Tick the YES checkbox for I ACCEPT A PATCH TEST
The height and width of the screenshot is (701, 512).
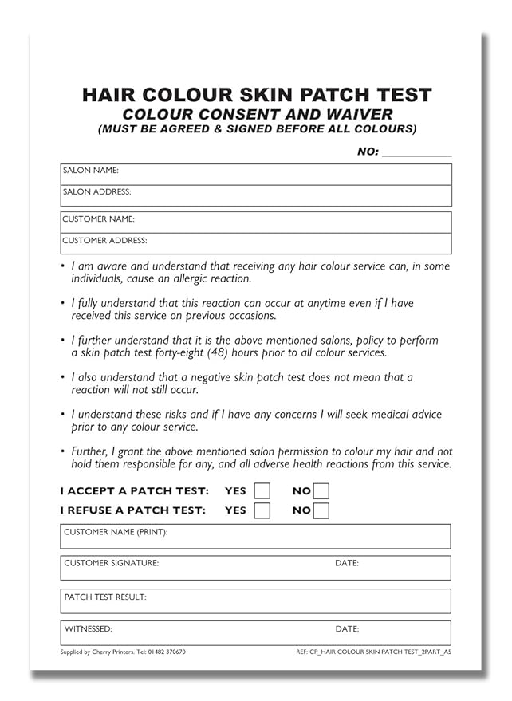tap(262, 490)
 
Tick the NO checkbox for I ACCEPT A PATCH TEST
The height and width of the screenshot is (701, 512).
tap(321, 490)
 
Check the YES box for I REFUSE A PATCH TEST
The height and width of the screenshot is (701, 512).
tap(262, 510)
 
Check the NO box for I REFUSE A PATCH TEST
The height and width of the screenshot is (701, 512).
tap(321, 510)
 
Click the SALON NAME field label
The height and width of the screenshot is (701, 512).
tap(91, 171)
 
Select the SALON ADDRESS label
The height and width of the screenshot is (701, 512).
tap(96, 192)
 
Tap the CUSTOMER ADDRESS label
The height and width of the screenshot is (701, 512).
tap(104, 240)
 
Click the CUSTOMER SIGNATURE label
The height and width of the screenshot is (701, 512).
tap(111, 563)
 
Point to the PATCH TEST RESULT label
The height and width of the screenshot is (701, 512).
tap(105, 597)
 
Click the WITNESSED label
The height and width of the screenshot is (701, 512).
tap(88, 629)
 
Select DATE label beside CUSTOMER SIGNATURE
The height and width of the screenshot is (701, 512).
tap(347, 563)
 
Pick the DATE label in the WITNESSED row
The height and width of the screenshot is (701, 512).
tap(347, 629)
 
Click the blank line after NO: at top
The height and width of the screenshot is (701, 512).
tap(416, 152)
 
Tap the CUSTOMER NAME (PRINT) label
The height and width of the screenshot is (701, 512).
tap(116, 532)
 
